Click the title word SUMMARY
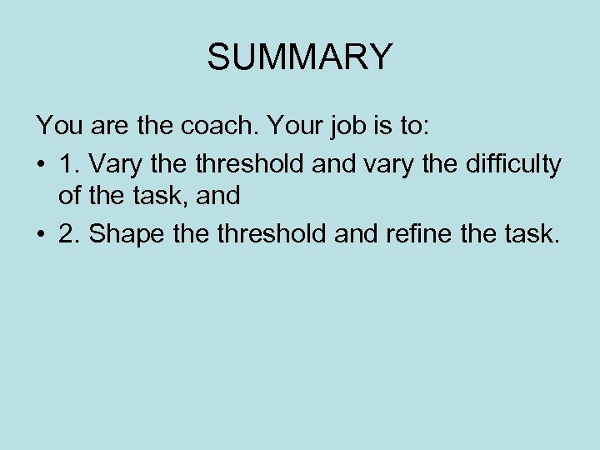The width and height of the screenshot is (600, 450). [299, 57]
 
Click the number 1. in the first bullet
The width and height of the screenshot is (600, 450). [69, 163]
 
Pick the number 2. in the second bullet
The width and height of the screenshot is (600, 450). [69, 234]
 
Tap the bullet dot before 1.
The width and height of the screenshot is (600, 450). [41, 164]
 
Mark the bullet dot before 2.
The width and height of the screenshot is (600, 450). [41, 235]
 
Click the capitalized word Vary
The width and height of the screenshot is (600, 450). [113, 163]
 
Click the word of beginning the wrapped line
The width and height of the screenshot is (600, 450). [69, 197]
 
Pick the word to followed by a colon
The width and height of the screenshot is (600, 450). [407, 127]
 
